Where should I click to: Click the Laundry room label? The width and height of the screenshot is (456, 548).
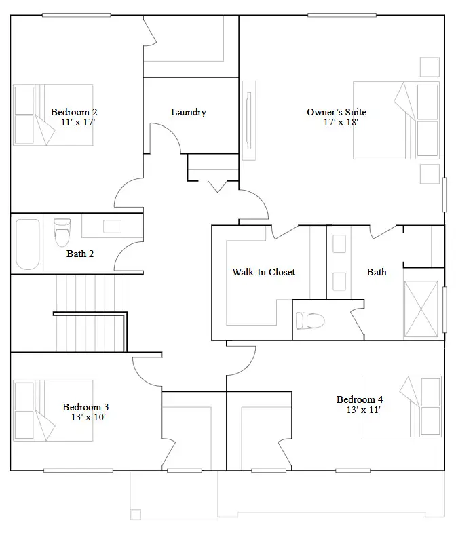click(x=189, y=112)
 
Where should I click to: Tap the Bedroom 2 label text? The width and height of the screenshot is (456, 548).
click(x=74, y=112)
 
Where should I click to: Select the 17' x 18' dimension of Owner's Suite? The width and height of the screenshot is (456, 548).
click(x=341, y=122)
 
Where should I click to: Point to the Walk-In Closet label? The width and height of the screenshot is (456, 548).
click(x=264, y=272)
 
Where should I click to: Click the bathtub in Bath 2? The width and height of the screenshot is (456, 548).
click(x=28, y=244)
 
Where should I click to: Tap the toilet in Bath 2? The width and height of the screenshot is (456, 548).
click(x=62, y=233)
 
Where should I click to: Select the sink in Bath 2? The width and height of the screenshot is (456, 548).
click(x=112, y=227)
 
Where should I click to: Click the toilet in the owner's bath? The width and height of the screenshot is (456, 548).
click(x=310, y=321)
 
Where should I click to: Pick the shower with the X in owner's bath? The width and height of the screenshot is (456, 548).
click(x=421, y=309)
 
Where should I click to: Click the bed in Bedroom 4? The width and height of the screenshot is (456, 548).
click(x=402, y=406)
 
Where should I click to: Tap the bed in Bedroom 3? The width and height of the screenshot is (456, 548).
click(x=53, y=410)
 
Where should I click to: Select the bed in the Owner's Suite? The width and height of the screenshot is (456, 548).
click(x=396, y=120)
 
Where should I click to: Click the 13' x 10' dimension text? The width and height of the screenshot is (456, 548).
click(x=88, y=417)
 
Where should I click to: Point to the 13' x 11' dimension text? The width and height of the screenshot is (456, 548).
click(x=364, y=410)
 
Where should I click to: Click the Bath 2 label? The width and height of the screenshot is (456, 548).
click(x=80, y=254)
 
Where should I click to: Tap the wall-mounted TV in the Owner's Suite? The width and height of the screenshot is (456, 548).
click(x=249, y=121)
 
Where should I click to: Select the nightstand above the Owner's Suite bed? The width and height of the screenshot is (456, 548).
click(x=430, y=66)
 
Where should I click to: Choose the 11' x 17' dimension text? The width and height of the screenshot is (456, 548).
click(x=78, y=122)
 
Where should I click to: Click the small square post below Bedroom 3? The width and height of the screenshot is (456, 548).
click(x=135, y=515)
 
